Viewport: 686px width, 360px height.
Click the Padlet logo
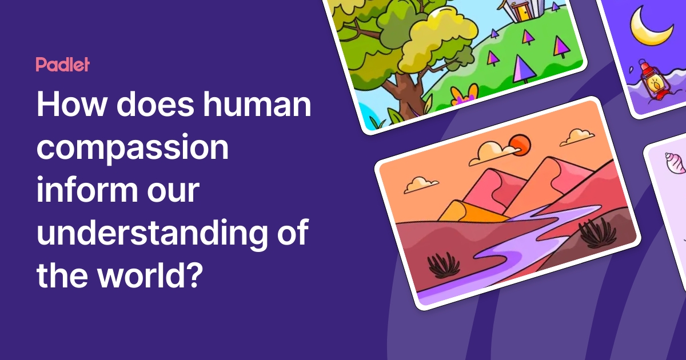[x=62, y=65]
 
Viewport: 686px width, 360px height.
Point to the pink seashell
[x=674, y=164]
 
